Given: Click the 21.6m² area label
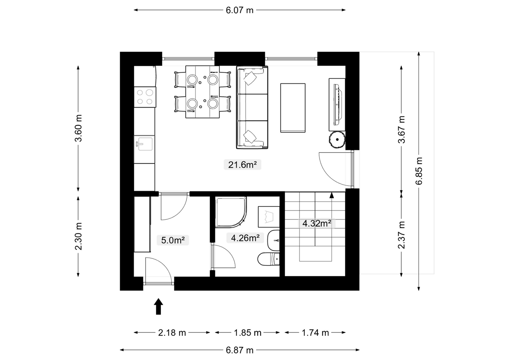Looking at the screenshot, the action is (242, 165).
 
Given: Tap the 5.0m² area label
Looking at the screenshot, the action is (173, 240).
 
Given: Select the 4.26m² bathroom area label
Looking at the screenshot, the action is (245, 238).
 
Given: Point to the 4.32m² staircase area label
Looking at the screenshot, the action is (317, 223).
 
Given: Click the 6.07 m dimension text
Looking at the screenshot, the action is (240, 10).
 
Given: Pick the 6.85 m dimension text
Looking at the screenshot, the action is (419, 171).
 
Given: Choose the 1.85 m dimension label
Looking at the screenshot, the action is (248, 333).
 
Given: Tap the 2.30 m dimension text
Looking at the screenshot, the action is (78, 236).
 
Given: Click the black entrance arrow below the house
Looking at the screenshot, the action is (158, 307).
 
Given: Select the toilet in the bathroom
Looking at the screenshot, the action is (268, 259).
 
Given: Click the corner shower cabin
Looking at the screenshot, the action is (231, 212).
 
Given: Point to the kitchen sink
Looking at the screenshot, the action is (144, 144).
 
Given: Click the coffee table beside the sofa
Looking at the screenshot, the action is (293, 108).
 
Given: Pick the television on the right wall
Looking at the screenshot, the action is (338, 105).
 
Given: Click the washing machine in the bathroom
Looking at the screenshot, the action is (269, 217).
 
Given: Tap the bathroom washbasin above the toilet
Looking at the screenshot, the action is (274, 240).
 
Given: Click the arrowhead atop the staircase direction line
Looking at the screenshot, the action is (332, 195).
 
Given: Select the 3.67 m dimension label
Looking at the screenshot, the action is (401, 130).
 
